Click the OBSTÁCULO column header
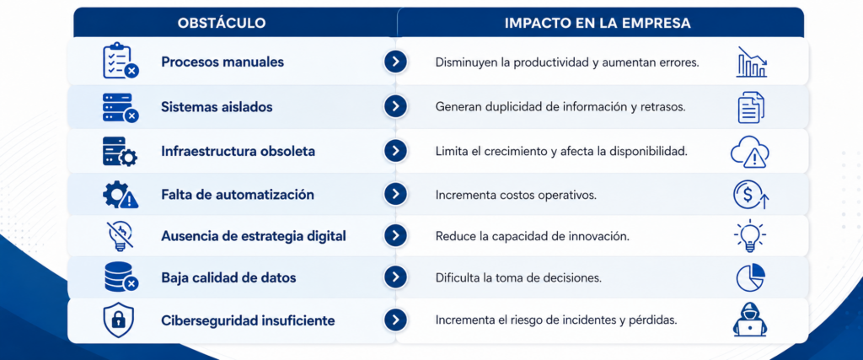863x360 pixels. click(x=222, y=23)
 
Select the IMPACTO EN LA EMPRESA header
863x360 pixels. click(x=598, y=23)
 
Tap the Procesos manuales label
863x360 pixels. click(x=222, y=62)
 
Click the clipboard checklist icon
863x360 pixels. click(x=121, y=61)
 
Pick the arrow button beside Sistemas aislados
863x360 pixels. click(x=395, y=106)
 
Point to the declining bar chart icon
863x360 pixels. click(x=751, y=62)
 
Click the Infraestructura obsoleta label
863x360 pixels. click(x=238, y=152)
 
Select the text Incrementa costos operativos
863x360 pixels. click(x=516, y=195)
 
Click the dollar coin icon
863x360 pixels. click(x=749, y=195)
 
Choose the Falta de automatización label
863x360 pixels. click(x=237, y=195)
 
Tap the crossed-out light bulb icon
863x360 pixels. click(x=120, y=236)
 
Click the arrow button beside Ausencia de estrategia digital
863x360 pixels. click(x=395, y=235)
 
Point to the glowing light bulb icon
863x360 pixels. click(x=749, y=236)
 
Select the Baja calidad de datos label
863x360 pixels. click(x=228, y=278)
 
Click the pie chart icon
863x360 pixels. click(x=750, y=277)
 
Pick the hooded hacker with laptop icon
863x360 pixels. click(x=749, y=320)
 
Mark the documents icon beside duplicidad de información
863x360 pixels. click(x=751, y=107)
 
